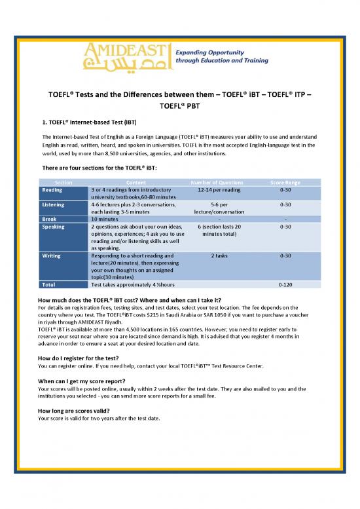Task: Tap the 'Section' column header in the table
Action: [x=63, y=181]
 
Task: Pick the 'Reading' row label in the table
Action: [x=52, y=189]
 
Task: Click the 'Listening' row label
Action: [x=54, y=204]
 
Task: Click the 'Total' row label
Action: [x=48, y=285]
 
